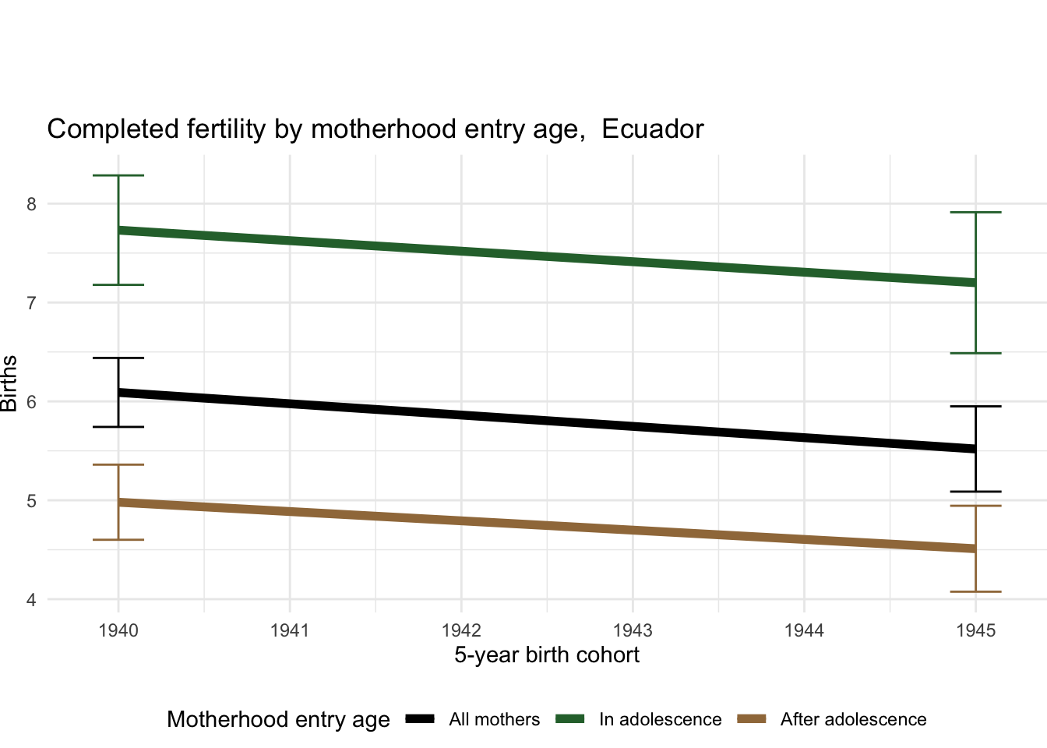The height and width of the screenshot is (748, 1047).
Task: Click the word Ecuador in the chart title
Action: (x=652, y=129)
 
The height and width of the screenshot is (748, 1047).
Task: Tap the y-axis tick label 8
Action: (x=31, y=204)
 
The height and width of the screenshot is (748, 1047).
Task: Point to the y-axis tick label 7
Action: (x=31, y=303)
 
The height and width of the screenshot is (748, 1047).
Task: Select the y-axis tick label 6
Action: (x=31, y=402)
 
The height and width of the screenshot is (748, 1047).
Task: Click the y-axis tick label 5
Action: (x=31, y=501)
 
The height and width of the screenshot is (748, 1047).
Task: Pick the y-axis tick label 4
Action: (x=31, y=600)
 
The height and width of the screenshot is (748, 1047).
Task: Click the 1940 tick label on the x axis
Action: (x=118, y=630)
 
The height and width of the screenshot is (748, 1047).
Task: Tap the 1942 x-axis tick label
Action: (x=461, y=630)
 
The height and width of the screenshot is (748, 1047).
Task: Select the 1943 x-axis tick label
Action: (x=633, y=630)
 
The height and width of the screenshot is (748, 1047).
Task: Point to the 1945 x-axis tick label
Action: (x=975, y=630)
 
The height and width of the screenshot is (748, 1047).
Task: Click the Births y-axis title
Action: (x=9, y=383)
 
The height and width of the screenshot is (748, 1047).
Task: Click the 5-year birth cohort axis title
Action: (x=547, y=655)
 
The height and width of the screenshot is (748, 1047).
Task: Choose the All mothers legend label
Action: (x=494, y=720)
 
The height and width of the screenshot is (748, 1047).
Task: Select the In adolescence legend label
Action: (x=660, y=720)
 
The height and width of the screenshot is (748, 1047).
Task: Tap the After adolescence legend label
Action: (x=853, y=720)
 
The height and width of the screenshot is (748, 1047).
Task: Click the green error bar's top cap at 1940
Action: (x=118, y=176)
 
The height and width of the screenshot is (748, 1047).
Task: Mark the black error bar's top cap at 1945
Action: (x=975, y=407)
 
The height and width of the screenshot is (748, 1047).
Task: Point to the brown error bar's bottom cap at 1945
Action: (x=975, y=592)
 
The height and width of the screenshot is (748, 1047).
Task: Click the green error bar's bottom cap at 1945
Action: (x=975, y=354)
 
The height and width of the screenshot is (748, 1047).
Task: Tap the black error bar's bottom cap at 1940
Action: (x=118, y=427)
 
